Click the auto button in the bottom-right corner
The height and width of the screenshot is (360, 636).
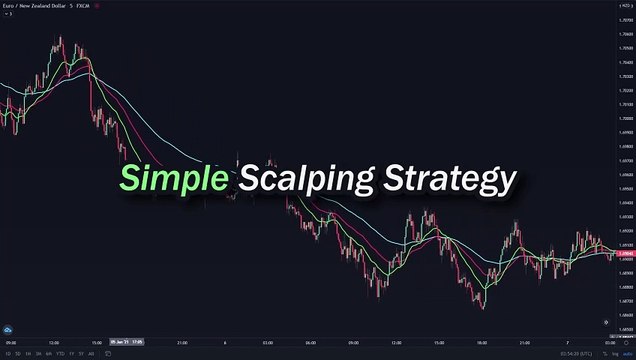626,353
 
